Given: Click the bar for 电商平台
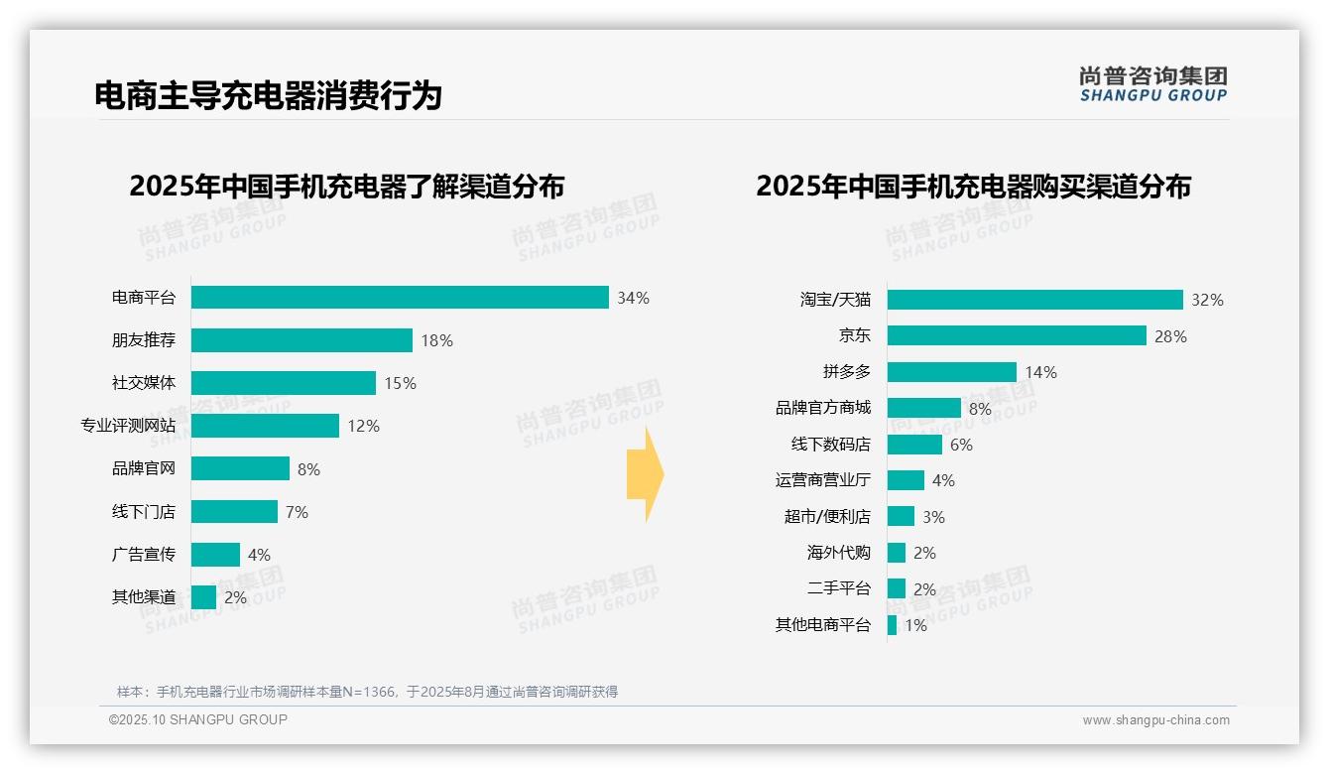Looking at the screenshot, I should coord(400,298).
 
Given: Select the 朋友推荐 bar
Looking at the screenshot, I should coord(302,340).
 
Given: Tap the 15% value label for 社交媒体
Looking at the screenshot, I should coord(400,383).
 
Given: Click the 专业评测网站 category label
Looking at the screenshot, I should coord(128,426).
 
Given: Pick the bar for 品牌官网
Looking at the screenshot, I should coord(240,468).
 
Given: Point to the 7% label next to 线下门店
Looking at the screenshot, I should coord(297,512).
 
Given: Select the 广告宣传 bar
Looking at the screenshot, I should coord(215,555).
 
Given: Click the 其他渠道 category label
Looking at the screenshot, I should coord(144,597).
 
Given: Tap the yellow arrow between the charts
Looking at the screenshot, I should coord(645,475).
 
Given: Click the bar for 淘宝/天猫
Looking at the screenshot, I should coord(1034,300).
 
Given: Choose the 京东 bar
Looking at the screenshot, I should coord(1017,335).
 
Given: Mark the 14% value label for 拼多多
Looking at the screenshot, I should coord(1040,372).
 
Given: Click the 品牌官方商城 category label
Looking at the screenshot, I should coord(823,408).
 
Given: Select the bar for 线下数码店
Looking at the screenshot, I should coord(914,445).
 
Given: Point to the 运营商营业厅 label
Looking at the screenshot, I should coord(823,480).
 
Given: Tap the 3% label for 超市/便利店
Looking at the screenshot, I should coord(932,517).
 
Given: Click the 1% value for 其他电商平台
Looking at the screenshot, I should coord(915,625).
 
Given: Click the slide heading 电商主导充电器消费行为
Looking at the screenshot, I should coord(268,96).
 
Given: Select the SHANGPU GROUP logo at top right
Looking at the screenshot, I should coord(1152,84).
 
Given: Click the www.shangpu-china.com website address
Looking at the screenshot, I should coord(1155,720).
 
